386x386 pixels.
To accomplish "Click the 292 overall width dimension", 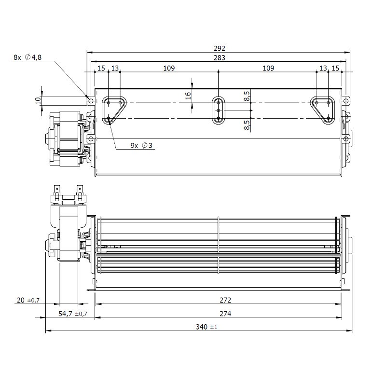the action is pyautogui.click(x=220, y=48).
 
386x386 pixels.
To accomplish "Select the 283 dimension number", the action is pyautogui.click(x=220, y=57).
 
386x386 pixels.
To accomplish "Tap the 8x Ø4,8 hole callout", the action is pyautogui.click(x=28, y=57).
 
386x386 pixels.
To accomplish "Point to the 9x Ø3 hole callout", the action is pyautogui.click(x=141, y=146).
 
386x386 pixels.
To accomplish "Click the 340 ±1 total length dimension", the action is pyautogui.click(x=207, y=327).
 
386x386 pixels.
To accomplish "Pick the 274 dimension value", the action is pyautogui.click(x=225, y=314).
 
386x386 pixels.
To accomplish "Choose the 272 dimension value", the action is pyautogui.click(x=225, y=300).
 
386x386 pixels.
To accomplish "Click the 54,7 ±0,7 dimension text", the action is pyautogui.click(x=73, y=314).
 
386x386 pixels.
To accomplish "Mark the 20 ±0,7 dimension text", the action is pyautogui.click(x=28, y=300).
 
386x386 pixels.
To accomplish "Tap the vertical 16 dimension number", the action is pyautogui.click(x=188, y=95).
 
